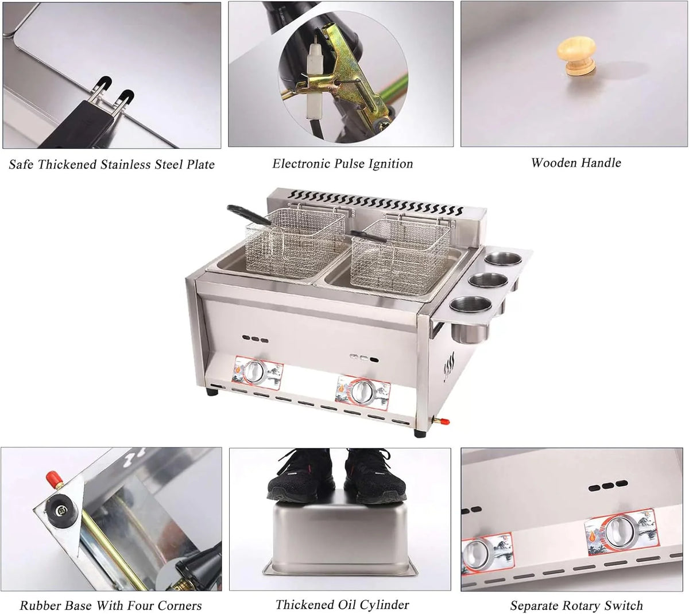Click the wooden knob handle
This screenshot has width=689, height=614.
coord(576,56)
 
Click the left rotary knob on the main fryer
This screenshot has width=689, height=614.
coord(254,372)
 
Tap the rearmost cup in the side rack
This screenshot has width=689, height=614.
coord(504,259)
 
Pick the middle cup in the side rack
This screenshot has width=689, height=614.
coord(488,281)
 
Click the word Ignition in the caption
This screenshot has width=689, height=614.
coord(390,164)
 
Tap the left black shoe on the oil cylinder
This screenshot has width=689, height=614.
coord(301,475)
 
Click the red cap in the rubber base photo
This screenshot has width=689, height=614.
coord(52,476)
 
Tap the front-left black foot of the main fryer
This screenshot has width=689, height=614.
coord(212,392)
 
